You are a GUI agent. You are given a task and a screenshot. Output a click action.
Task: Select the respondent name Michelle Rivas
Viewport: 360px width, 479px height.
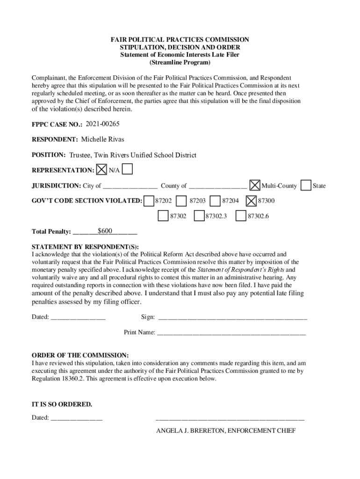click(x=102, y=139)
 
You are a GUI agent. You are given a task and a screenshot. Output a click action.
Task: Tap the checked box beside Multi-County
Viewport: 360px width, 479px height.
click(x=255, y=185)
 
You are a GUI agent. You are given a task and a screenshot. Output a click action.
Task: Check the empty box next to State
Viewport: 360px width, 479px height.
click(x=306, y=185)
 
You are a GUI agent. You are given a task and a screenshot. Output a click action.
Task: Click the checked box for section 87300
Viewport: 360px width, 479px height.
click(x=251, y=200)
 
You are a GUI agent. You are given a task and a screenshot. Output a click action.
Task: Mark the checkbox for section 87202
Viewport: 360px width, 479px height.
click(x=149, y=200)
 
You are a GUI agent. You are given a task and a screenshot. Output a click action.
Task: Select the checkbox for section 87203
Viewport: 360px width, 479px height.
click(x=182, y=200)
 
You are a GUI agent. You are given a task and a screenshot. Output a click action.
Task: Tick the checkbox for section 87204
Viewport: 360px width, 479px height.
click(x=216, y=200)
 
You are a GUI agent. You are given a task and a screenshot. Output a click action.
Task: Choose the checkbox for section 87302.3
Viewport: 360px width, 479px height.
click(x=199, y=216)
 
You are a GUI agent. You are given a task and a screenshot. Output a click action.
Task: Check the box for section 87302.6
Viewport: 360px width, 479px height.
click(x=241, y=216)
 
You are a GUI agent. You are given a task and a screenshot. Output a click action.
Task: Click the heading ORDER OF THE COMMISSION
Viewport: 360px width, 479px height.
click(x=80, y=355)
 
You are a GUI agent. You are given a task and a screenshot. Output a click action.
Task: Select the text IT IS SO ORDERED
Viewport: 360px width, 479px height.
click(x=62, y=404)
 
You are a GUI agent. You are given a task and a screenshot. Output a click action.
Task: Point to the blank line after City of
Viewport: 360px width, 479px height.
click(x=130, y=186)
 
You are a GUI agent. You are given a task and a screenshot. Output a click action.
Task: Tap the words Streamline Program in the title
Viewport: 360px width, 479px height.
click(x=180, y=62)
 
